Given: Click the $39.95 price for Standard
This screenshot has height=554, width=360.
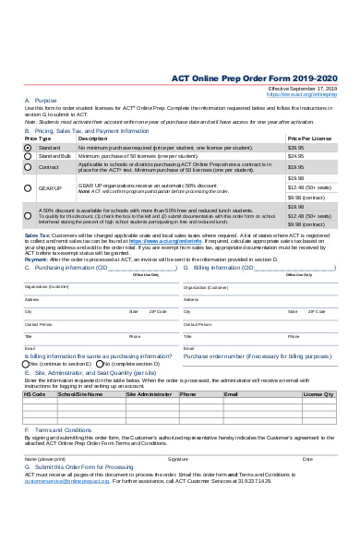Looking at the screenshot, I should click(x=295, y=148).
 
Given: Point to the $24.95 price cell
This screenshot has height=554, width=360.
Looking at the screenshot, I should click(x=295, y=156).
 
